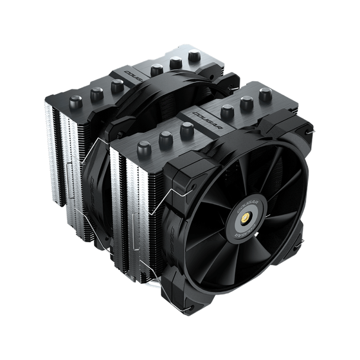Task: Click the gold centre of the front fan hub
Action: [x=243, y=224]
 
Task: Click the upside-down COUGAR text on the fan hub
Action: [x=242, y=236]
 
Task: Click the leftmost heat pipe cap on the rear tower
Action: [x=75, y=101]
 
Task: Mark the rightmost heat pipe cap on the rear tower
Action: [x=194, y=56]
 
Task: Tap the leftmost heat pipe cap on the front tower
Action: [x=144, y=149]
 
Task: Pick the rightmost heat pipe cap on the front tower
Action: [x=264, y=93]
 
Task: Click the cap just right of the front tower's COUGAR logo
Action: [x=227, y=110]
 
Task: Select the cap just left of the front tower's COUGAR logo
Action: [x=187, y=130]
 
